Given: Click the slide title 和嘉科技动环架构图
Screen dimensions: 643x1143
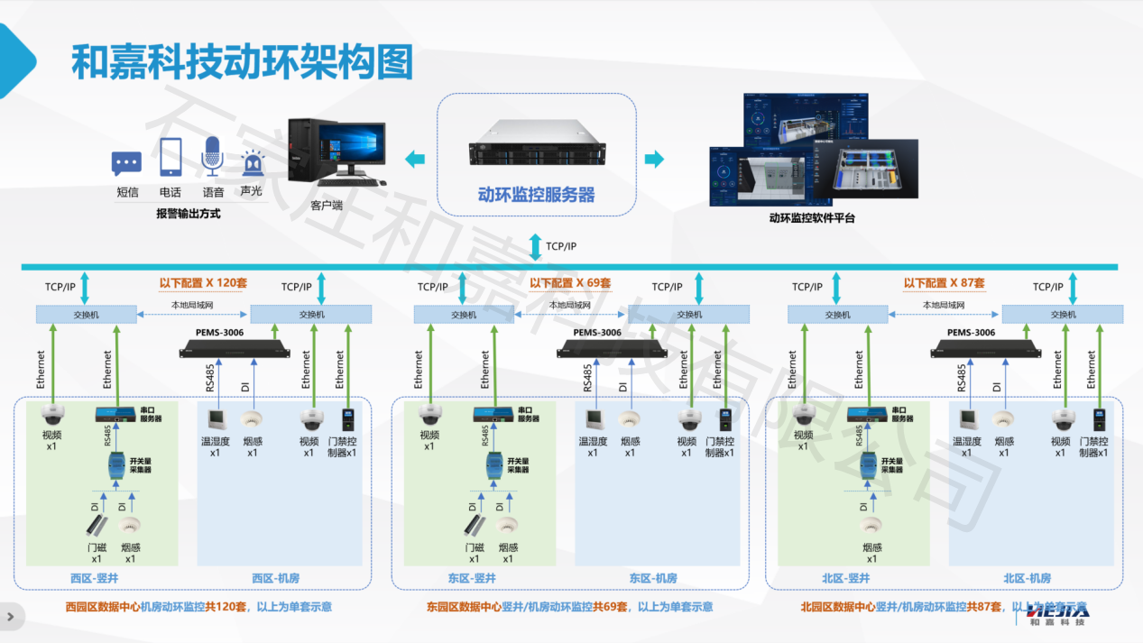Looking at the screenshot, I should (241, 62).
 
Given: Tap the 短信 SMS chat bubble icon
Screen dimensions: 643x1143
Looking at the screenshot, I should (126, 163).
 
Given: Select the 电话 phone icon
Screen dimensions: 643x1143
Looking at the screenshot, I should (171, 157).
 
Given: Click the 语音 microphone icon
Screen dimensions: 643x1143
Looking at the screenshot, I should (212, 157).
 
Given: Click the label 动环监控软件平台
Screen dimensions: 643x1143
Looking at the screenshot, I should (812, 218).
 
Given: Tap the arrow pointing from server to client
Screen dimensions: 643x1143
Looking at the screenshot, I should (415, 160).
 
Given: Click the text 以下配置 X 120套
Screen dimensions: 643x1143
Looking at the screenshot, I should (203, 282).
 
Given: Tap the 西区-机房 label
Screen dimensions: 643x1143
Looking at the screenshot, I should (276, 578).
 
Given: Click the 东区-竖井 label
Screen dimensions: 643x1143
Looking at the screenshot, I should (471, 578).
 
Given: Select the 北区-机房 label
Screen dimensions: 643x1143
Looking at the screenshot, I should (1027, 578).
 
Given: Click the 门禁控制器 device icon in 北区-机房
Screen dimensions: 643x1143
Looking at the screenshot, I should (1098, 419).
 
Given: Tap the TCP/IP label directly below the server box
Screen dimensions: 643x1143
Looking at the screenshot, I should (560, 245).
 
